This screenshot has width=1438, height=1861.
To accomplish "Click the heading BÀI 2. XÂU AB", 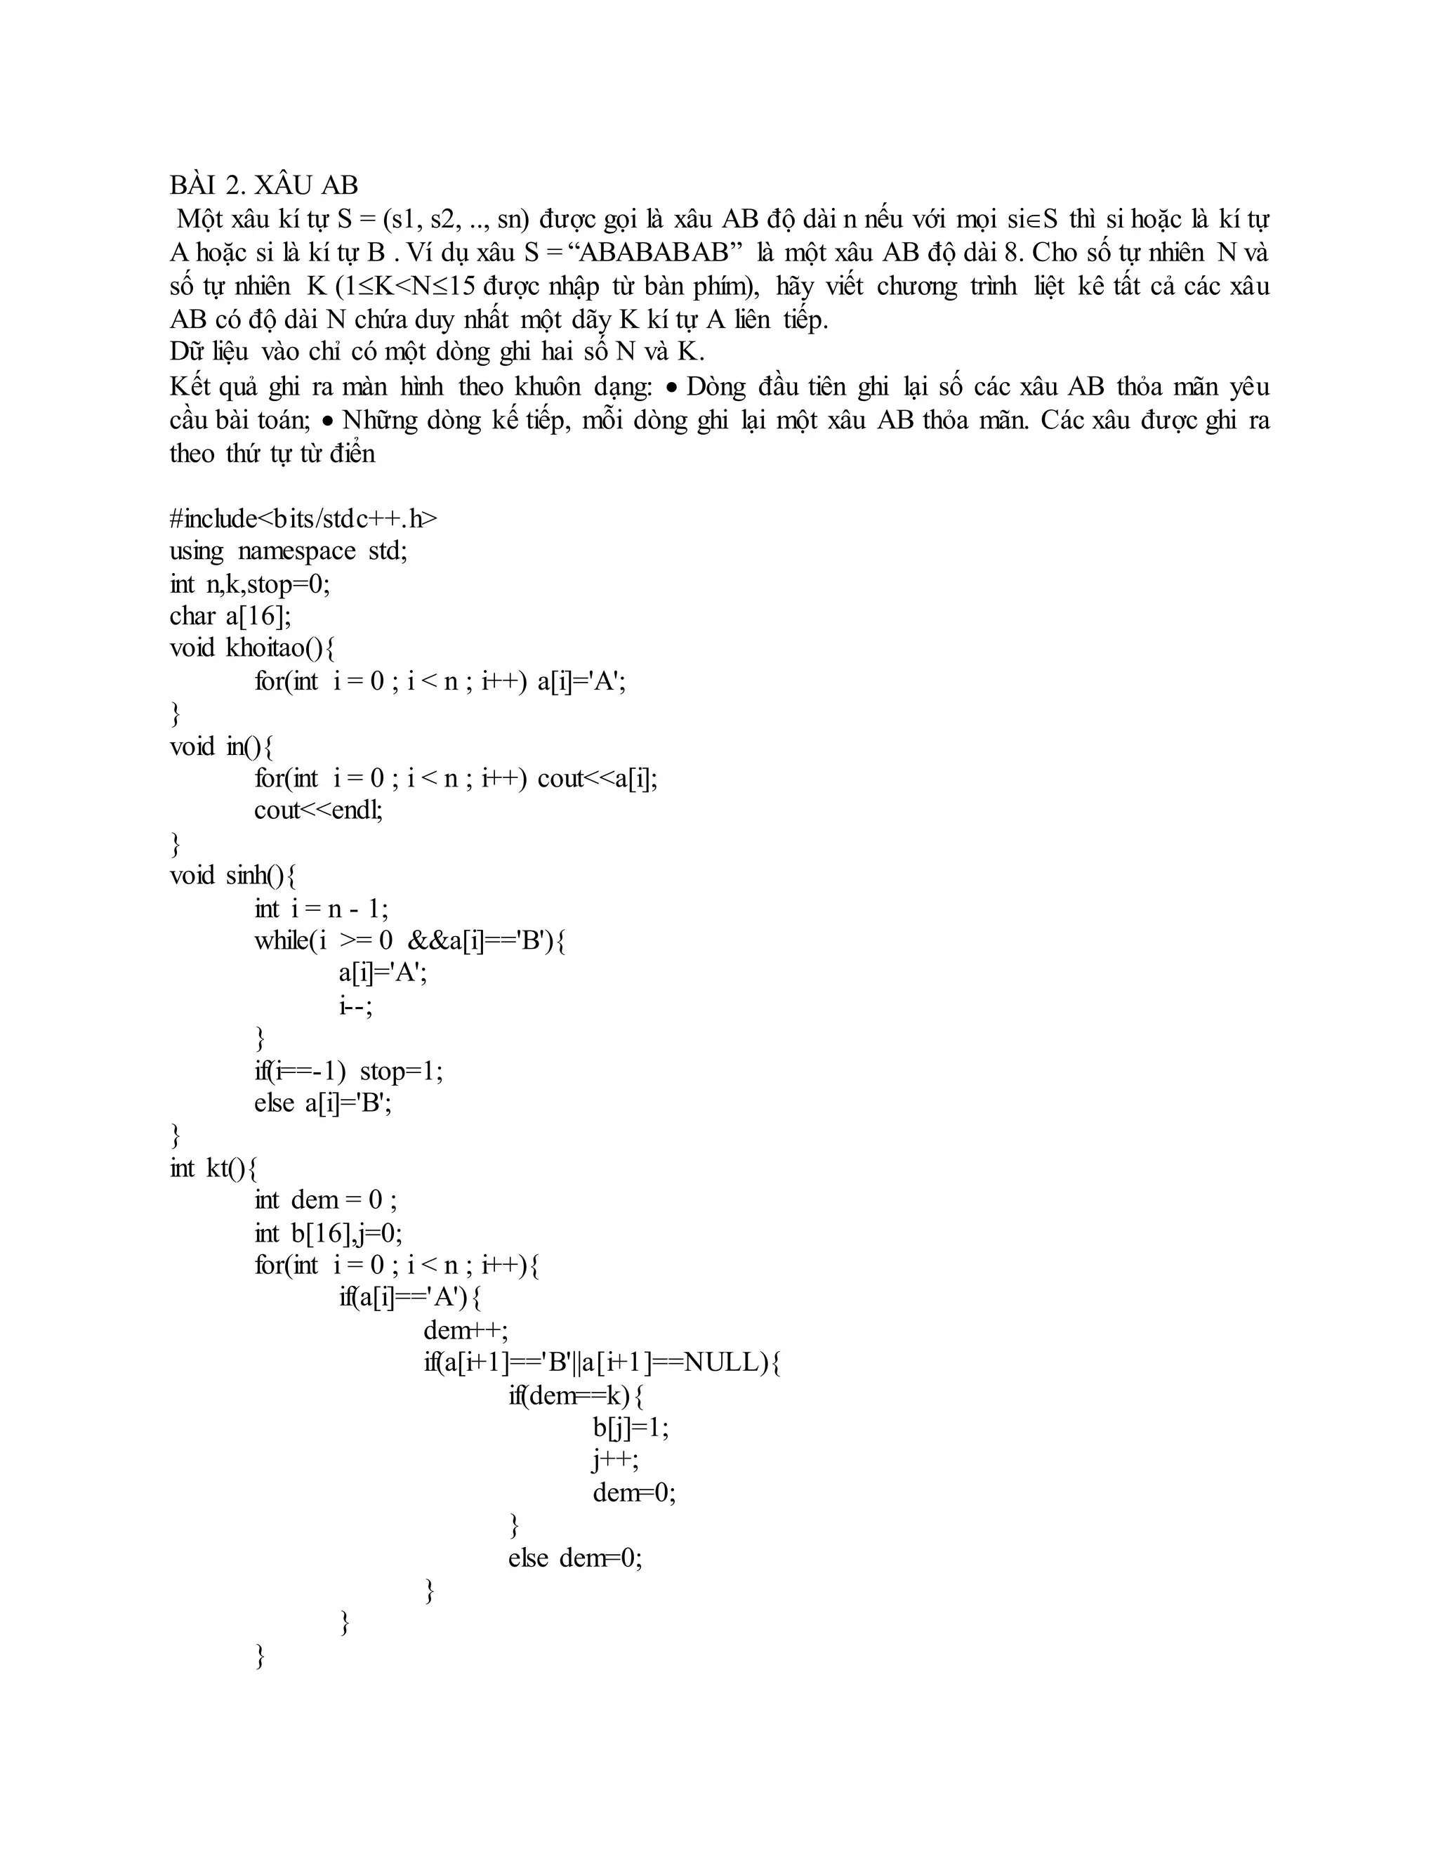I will click(x=263, y=185).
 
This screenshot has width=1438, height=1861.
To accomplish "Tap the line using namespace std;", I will click(x=288, y=551).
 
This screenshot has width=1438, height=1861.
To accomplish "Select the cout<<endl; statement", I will click(x=318, y=810).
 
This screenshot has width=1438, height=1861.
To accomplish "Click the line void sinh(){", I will click(x=232, y=875).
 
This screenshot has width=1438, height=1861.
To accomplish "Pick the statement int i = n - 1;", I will click(x=321, y=908).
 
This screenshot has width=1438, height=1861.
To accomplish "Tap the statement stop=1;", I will click(x=401, y=1070).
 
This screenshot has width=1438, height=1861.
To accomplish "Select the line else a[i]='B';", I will click(x=323, y=1103).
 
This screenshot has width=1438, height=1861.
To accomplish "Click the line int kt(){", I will click(x=213, y=1167).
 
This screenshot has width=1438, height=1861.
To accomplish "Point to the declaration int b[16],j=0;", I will click(x=328, y=1232).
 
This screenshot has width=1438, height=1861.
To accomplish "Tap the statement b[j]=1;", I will click(x=631, y=1427).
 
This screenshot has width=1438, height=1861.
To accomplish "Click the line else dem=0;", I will click(x=575, y=1558).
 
